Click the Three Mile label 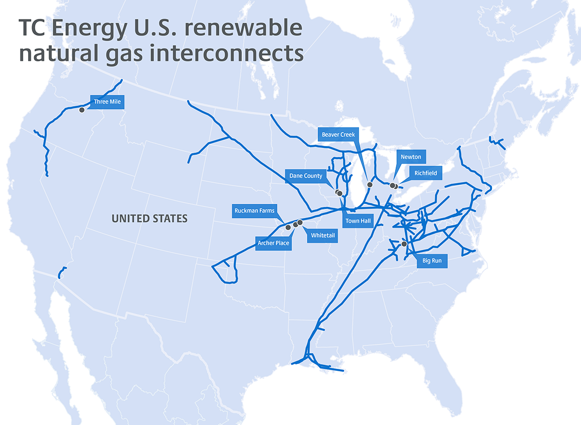click(107, 102)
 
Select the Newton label click(411, 157)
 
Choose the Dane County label click(306, 176)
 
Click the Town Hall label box click(358, 221)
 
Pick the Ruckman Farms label click(255, 211)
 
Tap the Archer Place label click(274, 243)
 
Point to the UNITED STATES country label click(149, 219)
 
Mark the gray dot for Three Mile click(82, 110)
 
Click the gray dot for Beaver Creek click(370, 184)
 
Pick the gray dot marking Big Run click(404, 244)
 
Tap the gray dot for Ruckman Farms click(288, 227)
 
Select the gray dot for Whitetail click(300, 222)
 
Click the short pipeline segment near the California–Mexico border click(61, 272)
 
